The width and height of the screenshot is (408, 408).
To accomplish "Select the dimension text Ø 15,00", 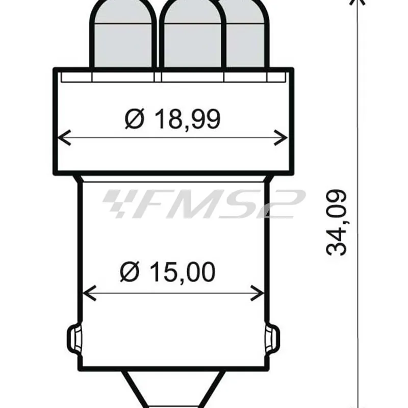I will (x=167, y=273).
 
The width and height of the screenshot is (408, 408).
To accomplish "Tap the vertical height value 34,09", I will (x=337, y=223).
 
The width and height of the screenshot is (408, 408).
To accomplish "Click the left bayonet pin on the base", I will (x=73, y=337).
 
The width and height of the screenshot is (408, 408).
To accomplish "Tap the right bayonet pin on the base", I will (x=273, y=337).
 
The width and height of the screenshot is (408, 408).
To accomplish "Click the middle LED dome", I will (x=192, y=36).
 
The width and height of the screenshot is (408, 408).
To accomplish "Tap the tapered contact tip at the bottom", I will (x=173, y=390).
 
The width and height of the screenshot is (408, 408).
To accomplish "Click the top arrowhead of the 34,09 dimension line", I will (x=358, y=3).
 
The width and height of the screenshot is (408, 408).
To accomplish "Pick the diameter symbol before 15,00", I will (x=130, y=273).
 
